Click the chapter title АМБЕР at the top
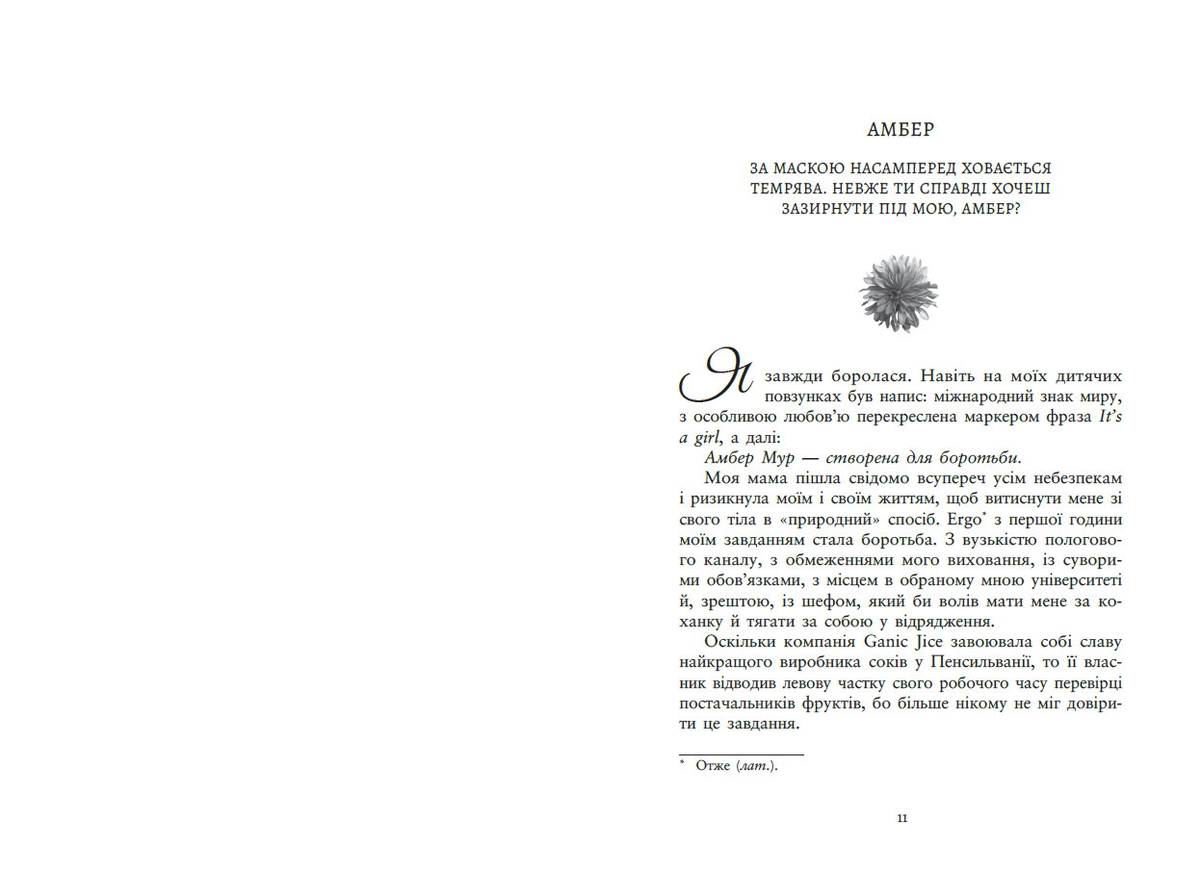click(901, 129)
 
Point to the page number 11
click(901, 819)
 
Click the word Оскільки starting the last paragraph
click(736, 642)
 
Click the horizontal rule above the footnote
click(741, 754)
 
